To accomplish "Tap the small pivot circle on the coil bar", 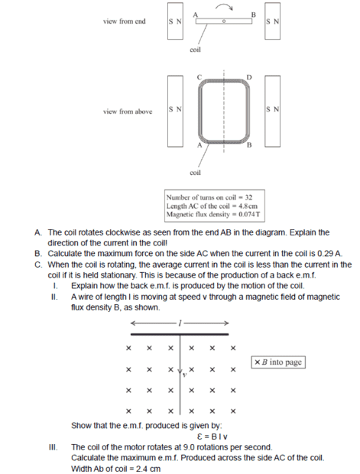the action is click(x=224, y=21).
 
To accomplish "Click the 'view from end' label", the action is click(x=125, y=21).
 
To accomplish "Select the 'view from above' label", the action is click(x=128, y=112).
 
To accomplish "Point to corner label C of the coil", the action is click(x=199, y=77).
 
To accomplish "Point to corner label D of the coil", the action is click(x=248, y=77).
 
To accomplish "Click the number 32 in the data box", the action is click(x=248, y=197).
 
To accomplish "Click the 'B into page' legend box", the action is click(x=278, y=362).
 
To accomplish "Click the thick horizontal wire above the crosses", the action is click(x=180, y=334).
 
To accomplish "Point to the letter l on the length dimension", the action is click(x=180, y=323).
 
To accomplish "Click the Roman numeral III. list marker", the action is click(x=54, y=447).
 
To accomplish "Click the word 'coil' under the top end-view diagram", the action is click(x=195, y=50).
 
